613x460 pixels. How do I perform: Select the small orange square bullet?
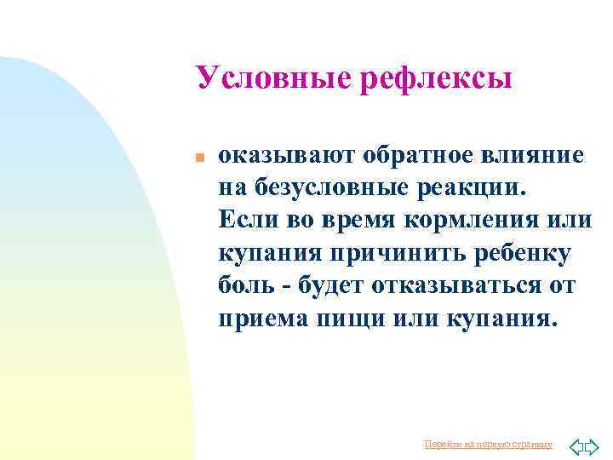pyautogui.click(x=197, y=158)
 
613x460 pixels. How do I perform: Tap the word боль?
pyautogui.click(x=245, y=286)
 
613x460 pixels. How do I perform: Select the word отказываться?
pyautogui.click(x=462, y=286)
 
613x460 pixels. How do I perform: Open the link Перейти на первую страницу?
pyautogui.click(x=488, y=444)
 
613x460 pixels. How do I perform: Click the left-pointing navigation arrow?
pyautogui.click(x=576, y=445)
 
